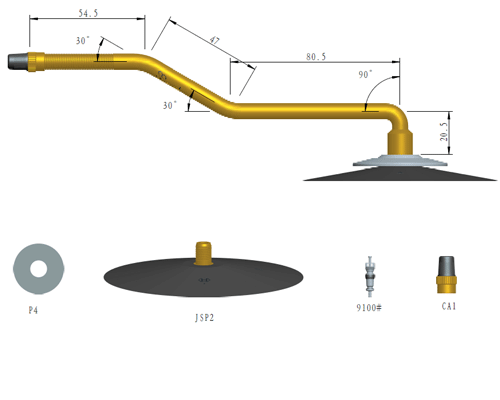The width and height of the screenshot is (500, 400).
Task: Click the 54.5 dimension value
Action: tap(88, 13)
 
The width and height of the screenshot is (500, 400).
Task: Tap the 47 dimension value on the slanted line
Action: tap(214, 41)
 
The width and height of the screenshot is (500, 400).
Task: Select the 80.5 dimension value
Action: tap(316, 57)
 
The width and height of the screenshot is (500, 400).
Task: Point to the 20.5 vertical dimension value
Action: tap(444, 132)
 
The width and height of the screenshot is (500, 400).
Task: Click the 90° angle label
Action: tap(365, 74)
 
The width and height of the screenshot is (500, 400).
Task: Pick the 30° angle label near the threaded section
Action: tap(83, 41)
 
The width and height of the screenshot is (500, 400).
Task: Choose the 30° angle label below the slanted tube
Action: tap(170, 105)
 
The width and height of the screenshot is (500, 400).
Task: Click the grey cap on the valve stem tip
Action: tap(18, 61)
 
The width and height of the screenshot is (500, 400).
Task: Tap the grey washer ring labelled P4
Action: tap(20, 269)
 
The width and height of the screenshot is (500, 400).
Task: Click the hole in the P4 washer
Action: tap(39, 269)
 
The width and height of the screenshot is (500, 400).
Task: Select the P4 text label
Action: tap(33, 310)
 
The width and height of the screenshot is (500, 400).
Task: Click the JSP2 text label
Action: tap(204, 318)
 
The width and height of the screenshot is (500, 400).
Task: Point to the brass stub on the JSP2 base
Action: tap(203, 253)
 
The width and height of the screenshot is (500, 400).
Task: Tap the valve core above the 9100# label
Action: tap(369, 276)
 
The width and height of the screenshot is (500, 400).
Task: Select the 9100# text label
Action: tap(369, 307)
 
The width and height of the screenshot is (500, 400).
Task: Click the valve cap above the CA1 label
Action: tap(446, 275)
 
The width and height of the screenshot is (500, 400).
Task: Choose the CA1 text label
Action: tap(449, 306)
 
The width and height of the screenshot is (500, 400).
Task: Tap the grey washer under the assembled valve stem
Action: tap(400, 161)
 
